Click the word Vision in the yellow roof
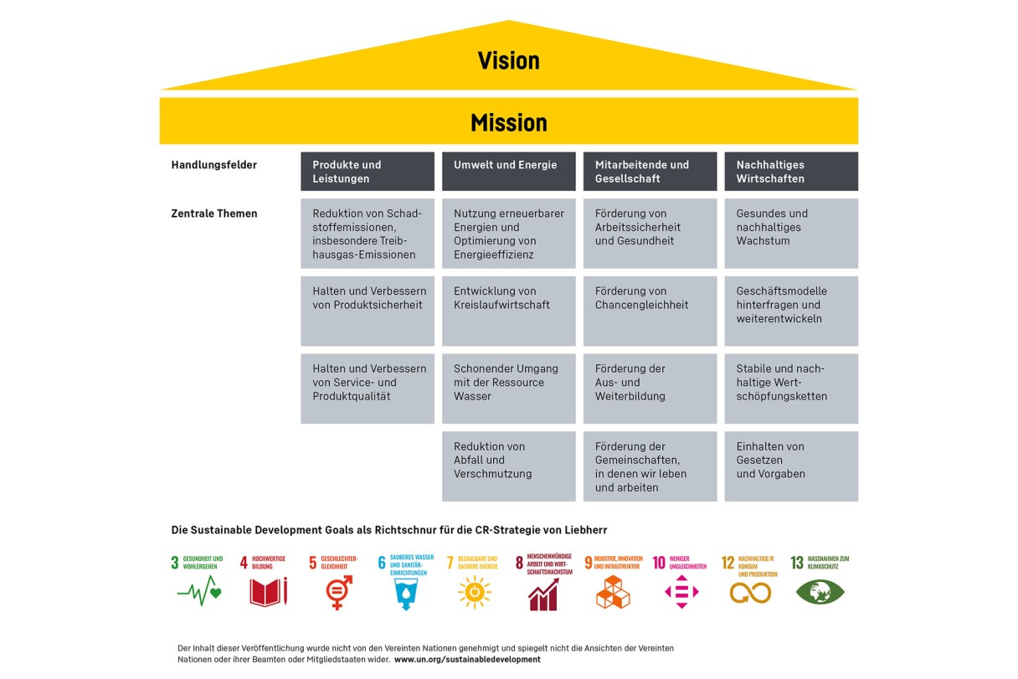point(508,60)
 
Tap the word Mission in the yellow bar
point(508,123)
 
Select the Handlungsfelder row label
point(214,165)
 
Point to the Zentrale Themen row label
point(214,213)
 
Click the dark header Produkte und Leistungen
point(368,172)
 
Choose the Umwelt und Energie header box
point(508,172)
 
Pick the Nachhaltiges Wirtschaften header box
point(791,172)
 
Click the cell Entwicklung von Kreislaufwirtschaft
point(508,311)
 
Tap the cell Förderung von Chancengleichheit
point(650,311)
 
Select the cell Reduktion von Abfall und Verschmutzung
point(508,466)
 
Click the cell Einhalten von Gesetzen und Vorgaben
point(791,466)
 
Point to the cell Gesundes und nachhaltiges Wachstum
point(791,233)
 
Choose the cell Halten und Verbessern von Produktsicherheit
point(368,311)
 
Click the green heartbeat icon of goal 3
point(199,591)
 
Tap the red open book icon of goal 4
point(269,592)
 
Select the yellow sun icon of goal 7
point(475,592)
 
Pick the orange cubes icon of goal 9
point(613,592)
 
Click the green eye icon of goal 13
point(820,592)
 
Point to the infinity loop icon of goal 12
point(750,593)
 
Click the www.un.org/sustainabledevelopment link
point(467,660)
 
